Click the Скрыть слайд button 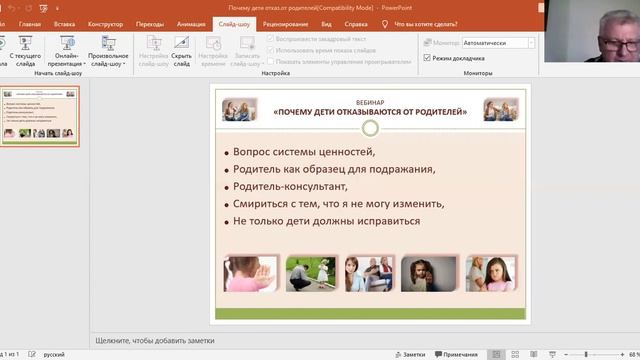click(x=182, y=50)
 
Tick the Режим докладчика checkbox click(x=427, y=59)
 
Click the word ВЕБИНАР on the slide click(x=369, y=102)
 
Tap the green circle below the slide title click(x=370, y=128)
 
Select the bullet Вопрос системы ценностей click(x=304, y=152)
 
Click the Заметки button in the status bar click(x=409, y=354)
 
